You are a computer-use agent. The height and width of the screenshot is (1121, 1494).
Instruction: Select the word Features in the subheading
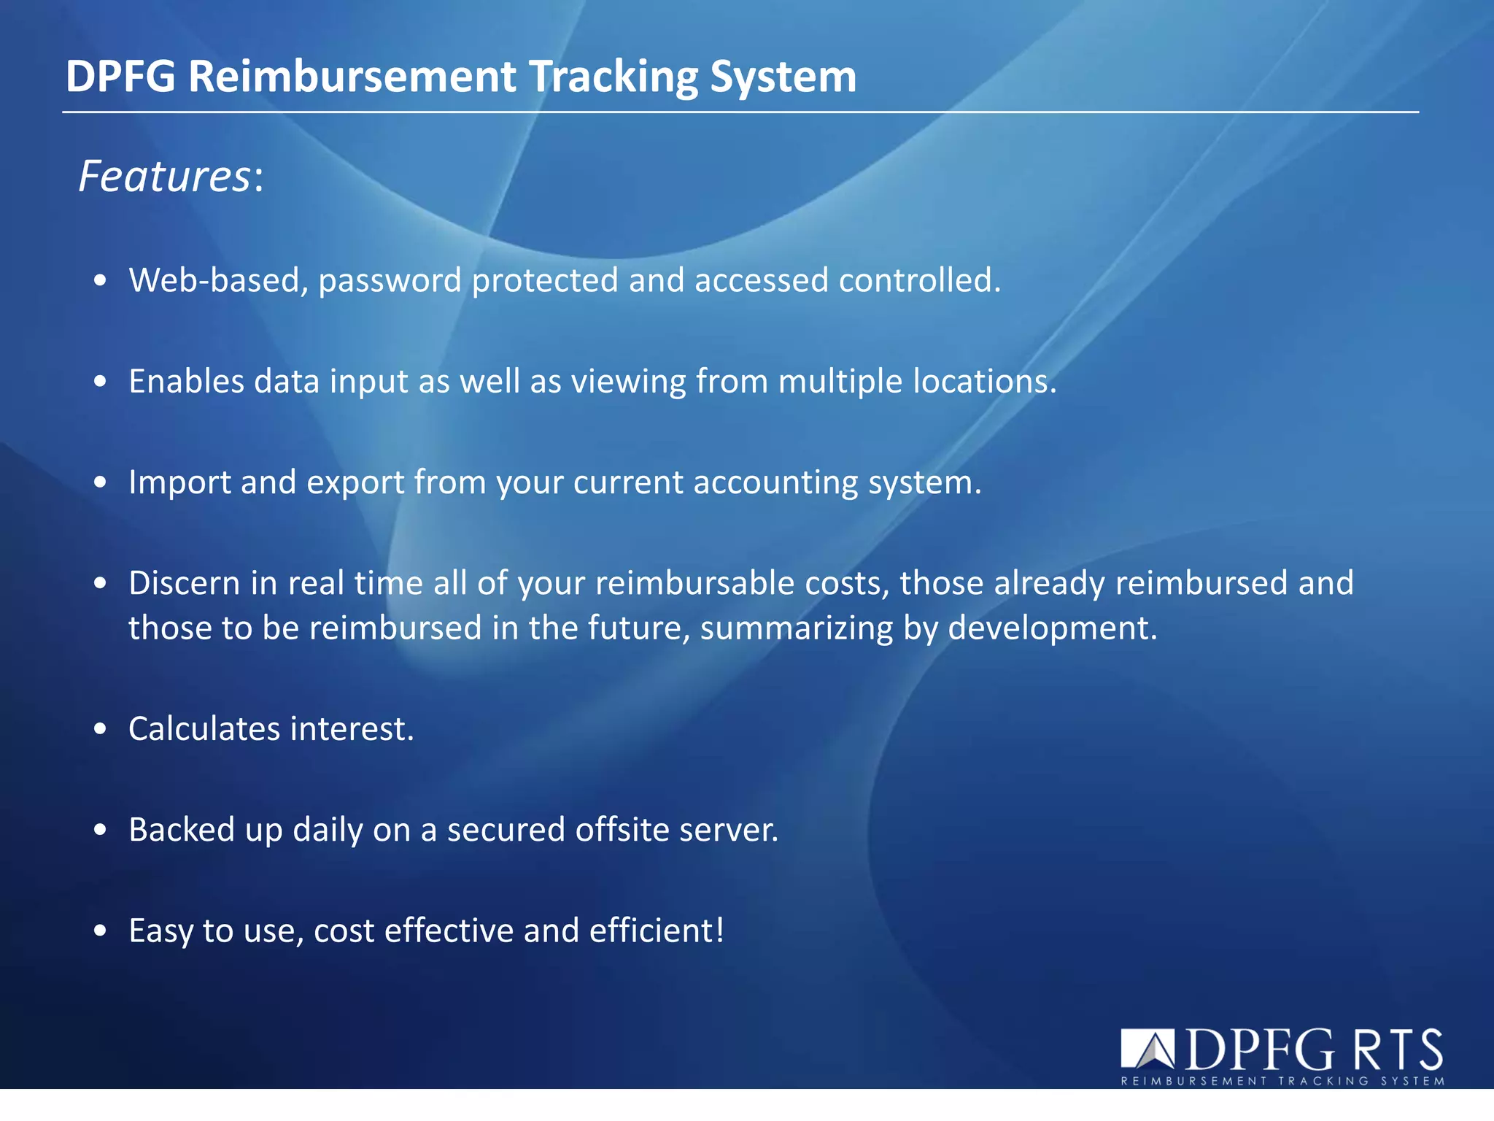click(165, 177)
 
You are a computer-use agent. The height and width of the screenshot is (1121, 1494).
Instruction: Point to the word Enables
click(186, 381)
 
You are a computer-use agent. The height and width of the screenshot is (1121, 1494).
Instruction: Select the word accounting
click(775, 482)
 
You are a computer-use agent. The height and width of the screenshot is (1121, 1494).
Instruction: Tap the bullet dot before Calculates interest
click(101, 729)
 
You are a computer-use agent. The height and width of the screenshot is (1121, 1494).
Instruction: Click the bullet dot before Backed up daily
click(101, 830)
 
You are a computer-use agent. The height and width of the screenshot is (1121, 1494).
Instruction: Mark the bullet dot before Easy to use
click(101, 931)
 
